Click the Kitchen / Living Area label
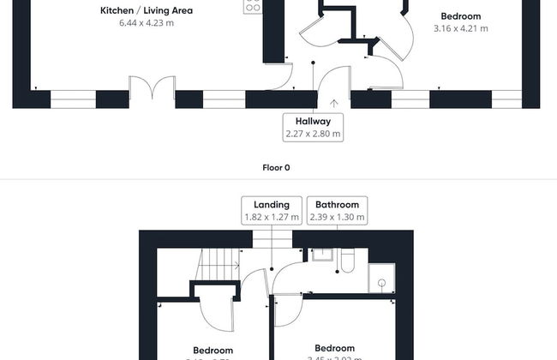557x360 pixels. [x=147, y=10]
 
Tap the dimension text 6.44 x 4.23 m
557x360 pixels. [x=147, y=23]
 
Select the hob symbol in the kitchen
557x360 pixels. [x=253, y=6]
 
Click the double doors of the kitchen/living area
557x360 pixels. [x=152, y=88]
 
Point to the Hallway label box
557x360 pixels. [x=313, y=127]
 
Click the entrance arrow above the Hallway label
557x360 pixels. [x=333, y=104]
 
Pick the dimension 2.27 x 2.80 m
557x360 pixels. [x=313, y=134]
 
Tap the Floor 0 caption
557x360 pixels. [x=276, y=168]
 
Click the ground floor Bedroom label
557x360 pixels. [x=460, y=15]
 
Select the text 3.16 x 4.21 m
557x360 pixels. [x=460, y=28]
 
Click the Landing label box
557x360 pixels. [x=272, y=210]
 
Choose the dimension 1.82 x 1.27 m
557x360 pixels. [x=272, y=218]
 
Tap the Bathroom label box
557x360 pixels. [x=337, y=210]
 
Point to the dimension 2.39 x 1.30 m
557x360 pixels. [x=337, y=218]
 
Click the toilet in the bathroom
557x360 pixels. [x=347, y=261]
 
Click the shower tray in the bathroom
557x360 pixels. [x=380, y=279]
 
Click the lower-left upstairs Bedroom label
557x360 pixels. [x=213, y=351]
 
